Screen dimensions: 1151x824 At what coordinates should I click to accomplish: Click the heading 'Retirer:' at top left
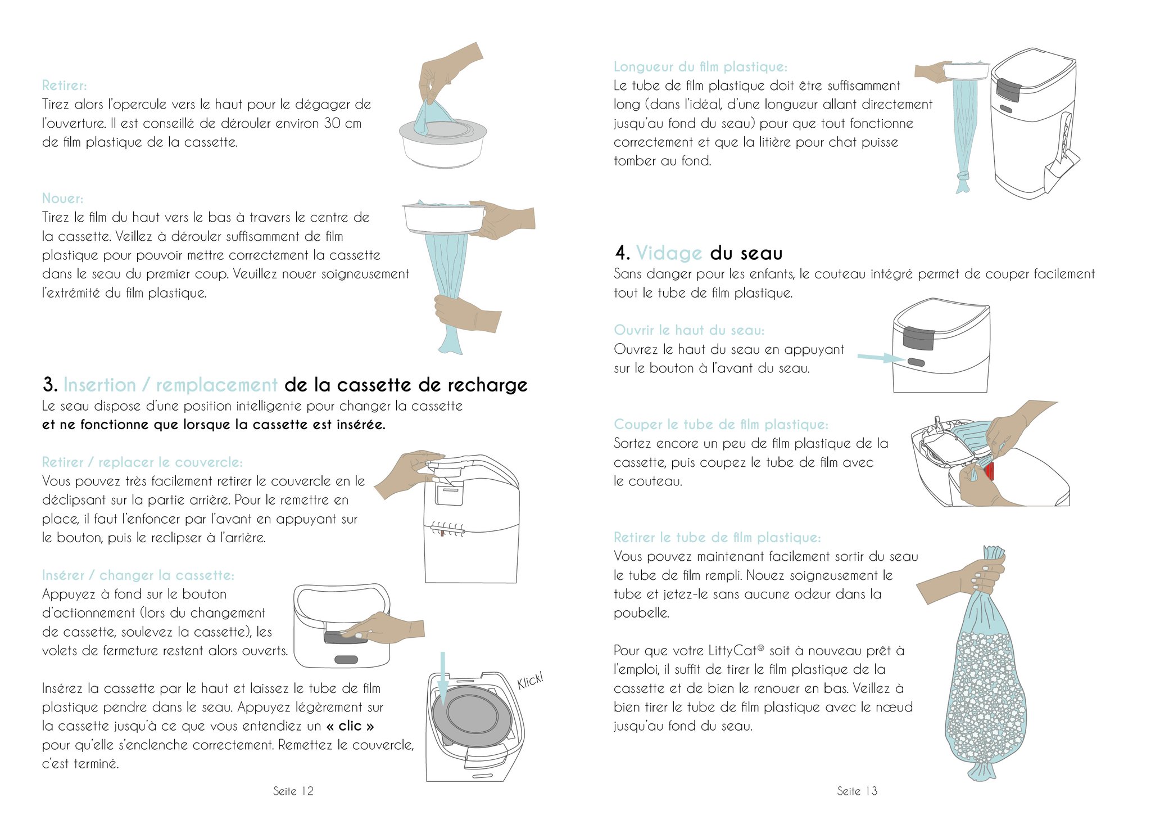tap(65, 85)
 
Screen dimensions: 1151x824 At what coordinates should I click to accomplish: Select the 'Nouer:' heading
tap(62, 199)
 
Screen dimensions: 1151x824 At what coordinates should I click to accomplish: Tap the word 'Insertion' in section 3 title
tap(99, 385)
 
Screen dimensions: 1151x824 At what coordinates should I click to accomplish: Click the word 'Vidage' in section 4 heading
tap(669, 253)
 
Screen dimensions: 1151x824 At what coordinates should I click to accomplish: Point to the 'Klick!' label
tap(530, 681)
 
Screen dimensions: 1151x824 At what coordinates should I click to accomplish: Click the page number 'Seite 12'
tap(293, 791)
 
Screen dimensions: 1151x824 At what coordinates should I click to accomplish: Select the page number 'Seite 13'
tap(857, 791)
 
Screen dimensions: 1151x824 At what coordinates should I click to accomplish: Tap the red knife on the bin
tap(989, 471)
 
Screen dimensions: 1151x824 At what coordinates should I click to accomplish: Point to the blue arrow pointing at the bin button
tap(881, 358)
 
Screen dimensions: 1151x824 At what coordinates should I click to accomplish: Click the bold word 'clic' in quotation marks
tap(350, 726)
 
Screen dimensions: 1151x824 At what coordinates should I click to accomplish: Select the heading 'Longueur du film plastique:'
tap(700, 67)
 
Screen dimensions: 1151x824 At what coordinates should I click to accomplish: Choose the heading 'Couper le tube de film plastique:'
tap(721, 425)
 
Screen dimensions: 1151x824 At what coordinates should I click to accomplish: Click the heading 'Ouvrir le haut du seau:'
tap(689, 330)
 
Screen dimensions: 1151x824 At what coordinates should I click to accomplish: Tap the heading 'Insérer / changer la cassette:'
tap(138, 575)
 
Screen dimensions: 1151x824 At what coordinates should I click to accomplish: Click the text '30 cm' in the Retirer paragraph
tap(342, 123)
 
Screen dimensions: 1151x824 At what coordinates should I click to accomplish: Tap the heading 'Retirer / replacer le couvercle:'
tap(142, 462)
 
